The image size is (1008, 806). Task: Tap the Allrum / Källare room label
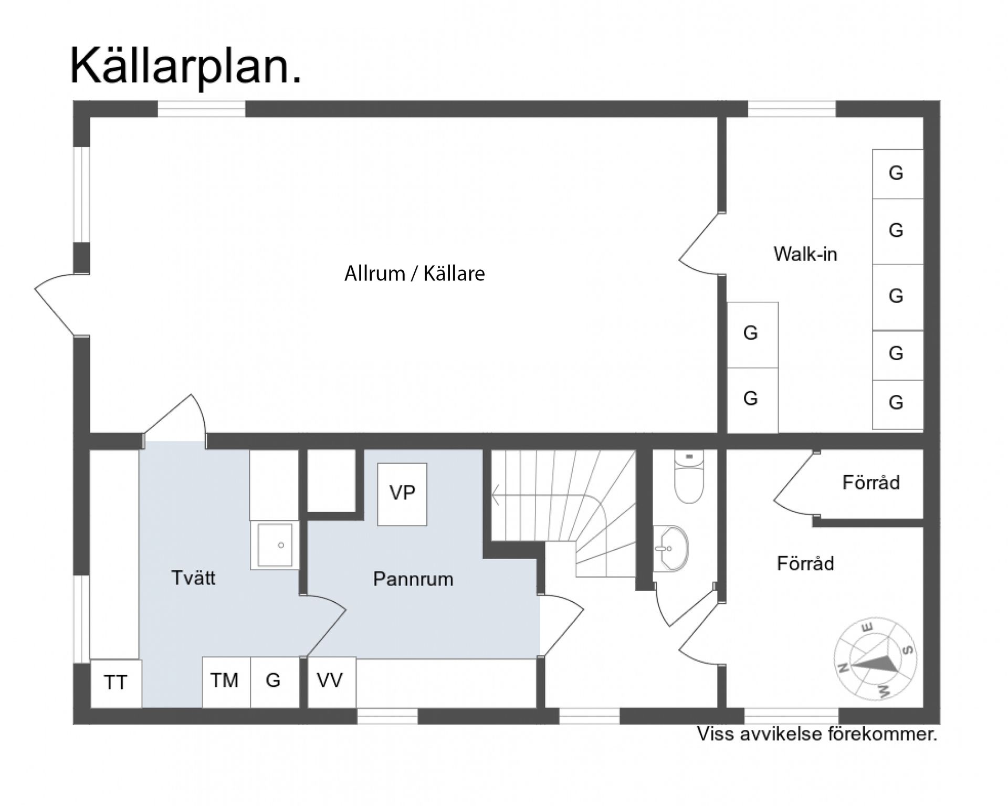(x=414, y=274)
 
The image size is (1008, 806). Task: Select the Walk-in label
(x=805, y=254)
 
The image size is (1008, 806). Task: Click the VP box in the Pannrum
(x=402, y=494)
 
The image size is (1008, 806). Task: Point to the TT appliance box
(x=116, y=683)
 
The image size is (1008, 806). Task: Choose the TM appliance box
(x=225, y=681)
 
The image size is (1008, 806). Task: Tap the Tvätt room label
(x=193, y=578)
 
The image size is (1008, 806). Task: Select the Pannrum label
(x=413, y=579)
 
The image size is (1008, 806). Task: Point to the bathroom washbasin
(x=671, y=549)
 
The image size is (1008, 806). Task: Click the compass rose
(x=875, y=659)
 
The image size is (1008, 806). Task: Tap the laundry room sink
(x=275, y=545)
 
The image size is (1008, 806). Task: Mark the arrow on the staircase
(x=496, y=495)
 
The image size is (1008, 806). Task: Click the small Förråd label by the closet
(x=870, y=483)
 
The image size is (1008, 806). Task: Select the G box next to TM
(x=274, y=681)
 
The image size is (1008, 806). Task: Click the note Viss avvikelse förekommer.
(x=816, y=734)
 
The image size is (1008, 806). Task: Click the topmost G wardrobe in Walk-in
(x=897, y=173)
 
